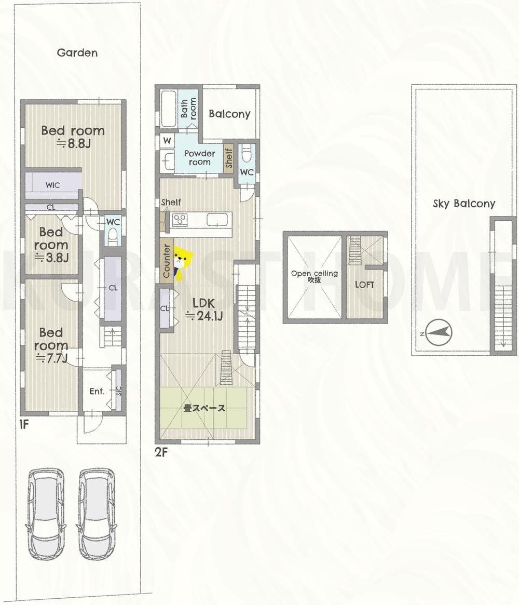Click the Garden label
[77, 52]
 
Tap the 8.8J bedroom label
[73, 137]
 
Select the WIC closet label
[53, 185]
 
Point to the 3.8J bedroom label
[51, 245]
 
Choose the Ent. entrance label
[97, 391]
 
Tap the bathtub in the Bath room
[169, 109]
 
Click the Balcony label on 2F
[229, 114]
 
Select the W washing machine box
[167, 140]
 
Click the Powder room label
[200, 157]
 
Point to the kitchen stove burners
[180, 220]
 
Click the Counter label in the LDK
[167, 261]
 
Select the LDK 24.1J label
[204, 310]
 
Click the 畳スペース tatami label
[204, 408]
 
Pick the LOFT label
[364, 285]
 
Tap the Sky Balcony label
[464, 204]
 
